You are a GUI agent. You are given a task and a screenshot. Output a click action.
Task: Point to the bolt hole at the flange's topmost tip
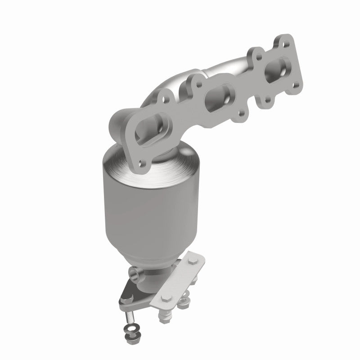284,41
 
